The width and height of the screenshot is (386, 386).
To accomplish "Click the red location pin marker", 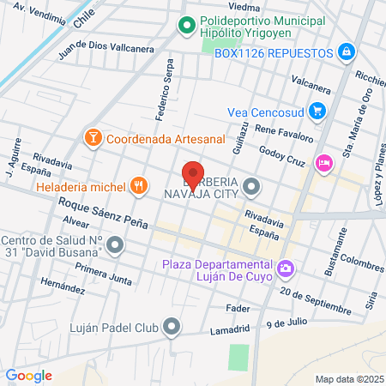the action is pos(193,174).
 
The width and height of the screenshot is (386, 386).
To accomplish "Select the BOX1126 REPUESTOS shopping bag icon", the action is pos(346,52).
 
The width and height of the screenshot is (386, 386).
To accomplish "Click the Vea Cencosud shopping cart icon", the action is pos(317,110).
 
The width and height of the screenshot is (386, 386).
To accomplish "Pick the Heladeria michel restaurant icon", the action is pos(137,185).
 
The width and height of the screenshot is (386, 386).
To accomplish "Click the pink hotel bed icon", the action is pos(324,161).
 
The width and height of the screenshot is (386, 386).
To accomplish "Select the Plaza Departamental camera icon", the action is pos(286,269).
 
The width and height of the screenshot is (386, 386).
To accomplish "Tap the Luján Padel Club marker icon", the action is pos(172,326).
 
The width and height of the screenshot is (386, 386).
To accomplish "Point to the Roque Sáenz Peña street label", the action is pos(103,214).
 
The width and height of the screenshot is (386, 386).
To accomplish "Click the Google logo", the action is pos(28,375).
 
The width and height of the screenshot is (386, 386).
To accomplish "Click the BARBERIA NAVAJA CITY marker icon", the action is pos(251,185).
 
